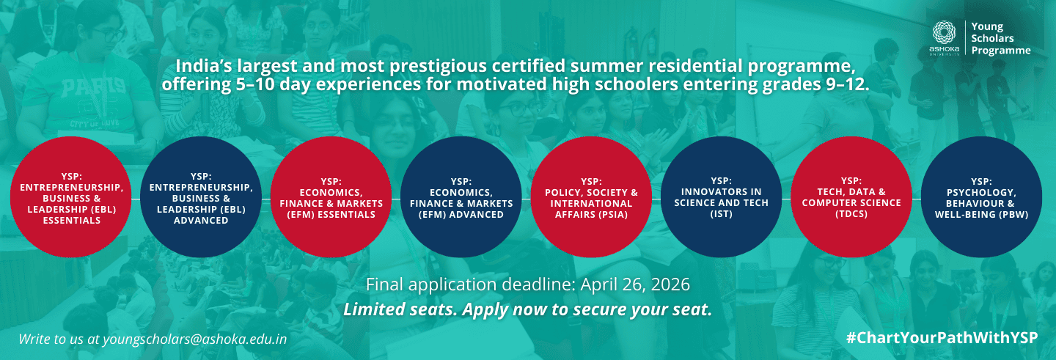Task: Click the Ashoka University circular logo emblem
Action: pyautogui.click(x=945, y=34)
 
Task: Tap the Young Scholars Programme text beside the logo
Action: pyautogui.click(x=1000, y=38)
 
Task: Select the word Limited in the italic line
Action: pyautogui.click(x=372, y=309)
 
